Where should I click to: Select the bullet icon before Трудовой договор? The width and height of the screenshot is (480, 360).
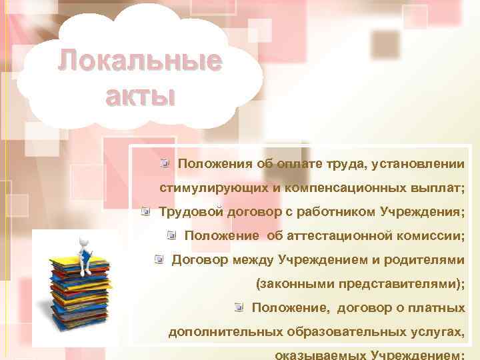(145, 211)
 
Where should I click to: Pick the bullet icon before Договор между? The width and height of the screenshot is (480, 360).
(159, 259)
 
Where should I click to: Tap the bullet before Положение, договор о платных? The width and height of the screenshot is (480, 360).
(239, 307)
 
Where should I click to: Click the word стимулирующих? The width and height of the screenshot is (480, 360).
(213, 187)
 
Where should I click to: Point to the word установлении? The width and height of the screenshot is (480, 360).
(419, 163)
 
